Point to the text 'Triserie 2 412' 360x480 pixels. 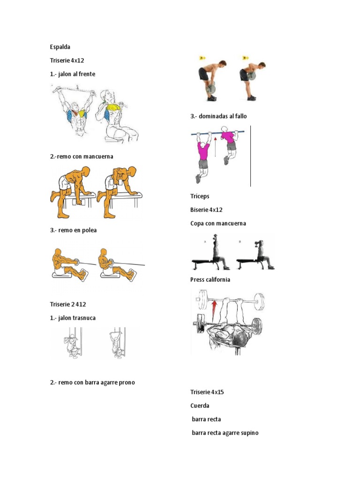coord(68,304)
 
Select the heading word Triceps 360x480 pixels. coord(200,196)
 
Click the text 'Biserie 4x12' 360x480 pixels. coord(206,210)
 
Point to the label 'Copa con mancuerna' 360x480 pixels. coord(218,224)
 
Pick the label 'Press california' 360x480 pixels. coord(210,279)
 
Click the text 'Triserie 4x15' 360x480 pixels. coord(207,392)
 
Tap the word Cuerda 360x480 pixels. coord(200,405)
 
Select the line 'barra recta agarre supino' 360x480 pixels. coord(225,433)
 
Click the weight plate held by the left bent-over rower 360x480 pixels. coord(211,89)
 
